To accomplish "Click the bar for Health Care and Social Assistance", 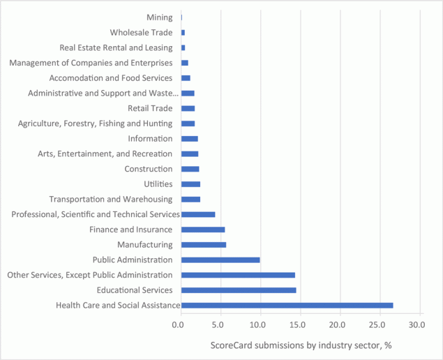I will pyautogui.click(x=287, y=305).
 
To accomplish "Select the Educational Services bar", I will pyautogui.click(x=239, y=290).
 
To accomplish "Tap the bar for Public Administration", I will pyautogui.click(x=220, y=260).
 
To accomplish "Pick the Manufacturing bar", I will pyautogui.click(x=204, y=245).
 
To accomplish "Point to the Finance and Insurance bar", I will pyautogui.click(x=203, y=230).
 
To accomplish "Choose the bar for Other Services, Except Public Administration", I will pyautogui.click(x=238, y=275).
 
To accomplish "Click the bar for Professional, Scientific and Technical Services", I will pyautogui.click(x=198, y=214).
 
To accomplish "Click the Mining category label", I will pyautogui.click(x=160, y=17).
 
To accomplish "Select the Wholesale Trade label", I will pyautogui.click(x=142, y=32).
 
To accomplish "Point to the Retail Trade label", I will pyautogui.click(x=150, y=108).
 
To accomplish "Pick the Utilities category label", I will pyautogui.click(x=158, y=184).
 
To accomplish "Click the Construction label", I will pyautogui.click(x=148, y=169).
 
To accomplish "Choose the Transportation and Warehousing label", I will pyautogui.click(x=111, y=199).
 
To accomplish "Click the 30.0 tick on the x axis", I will pyautogui.click(x=417, y=324).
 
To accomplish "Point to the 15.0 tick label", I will pyautogui.click(x=299, y=324).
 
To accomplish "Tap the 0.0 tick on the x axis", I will pyautogui.click(x=181, y=324).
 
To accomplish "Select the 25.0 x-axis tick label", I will pyautogui.click(x=378, y=324).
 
